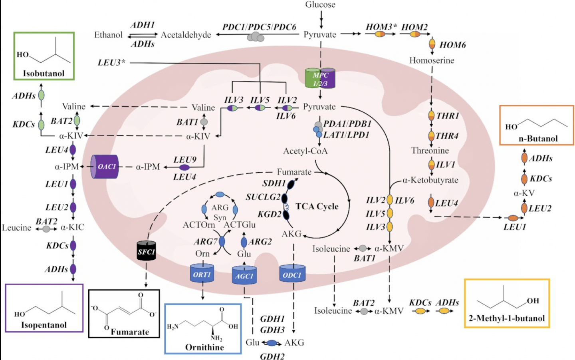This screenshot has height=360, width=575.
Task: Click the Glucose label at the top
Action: pyautogui.click(x=320, y=5)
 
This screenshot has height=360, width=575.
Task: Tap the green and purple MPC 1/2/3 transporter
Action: pyautogui.click(x=320, y=78)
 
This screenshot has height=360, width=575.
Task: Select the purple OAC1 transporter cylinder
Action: pyautogui.click(x=105, y=167)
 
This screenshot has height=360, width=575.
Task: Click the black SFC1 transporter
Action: pyautogui.click(x=146, y=251)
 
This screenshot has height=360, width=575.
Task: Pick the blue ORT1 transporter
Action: pyautogui.click(x=202, y=274)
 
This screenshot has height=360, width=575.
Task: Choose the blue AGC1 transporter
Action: pyautogui.click(x=244, y=276)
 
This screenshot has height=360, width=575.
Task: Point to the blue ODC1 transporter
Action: pyautogui.click(x=292, y=275)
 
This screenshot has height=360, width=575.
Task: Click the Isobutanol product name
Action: pyautogui.click(x=44, y=74)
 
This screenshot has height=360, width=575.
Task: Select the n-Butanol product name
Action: pyautogui.click(x=538, y=139)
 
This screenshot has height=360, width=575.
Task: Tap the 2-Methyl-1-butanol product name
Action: pyautogui.click(x=506, y=318)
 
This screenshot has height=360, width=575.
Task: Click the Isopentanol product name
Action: pyautogui.click(x=44, y=325)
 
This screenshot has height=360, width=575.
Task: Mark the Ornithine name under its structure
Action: pyautogui.click(x=204, y=347)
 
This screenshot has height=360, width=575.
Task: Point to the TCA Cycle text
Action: pyautogui.click(x=317, y=206)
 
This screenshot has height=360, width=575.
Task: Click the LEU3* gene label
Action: pyautogui.click(x=111, y=62)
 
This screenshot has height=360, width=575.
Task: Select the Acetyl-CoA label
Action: pyautogui.click(x=305, y=151)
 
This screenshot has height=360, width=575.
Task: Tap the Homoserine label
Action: pyautogui.click(x=432, y=60)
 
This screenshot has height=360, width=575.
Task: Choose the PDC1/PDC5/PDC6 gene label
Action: pyautogui.click(x=259, y=27)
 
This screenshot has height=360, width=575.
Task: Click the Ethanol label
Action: pyautogui.click(x=108, y=35)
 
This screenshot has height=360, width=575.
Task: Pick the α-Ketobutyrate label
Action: pyautogui.click(x=430, y=180)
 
